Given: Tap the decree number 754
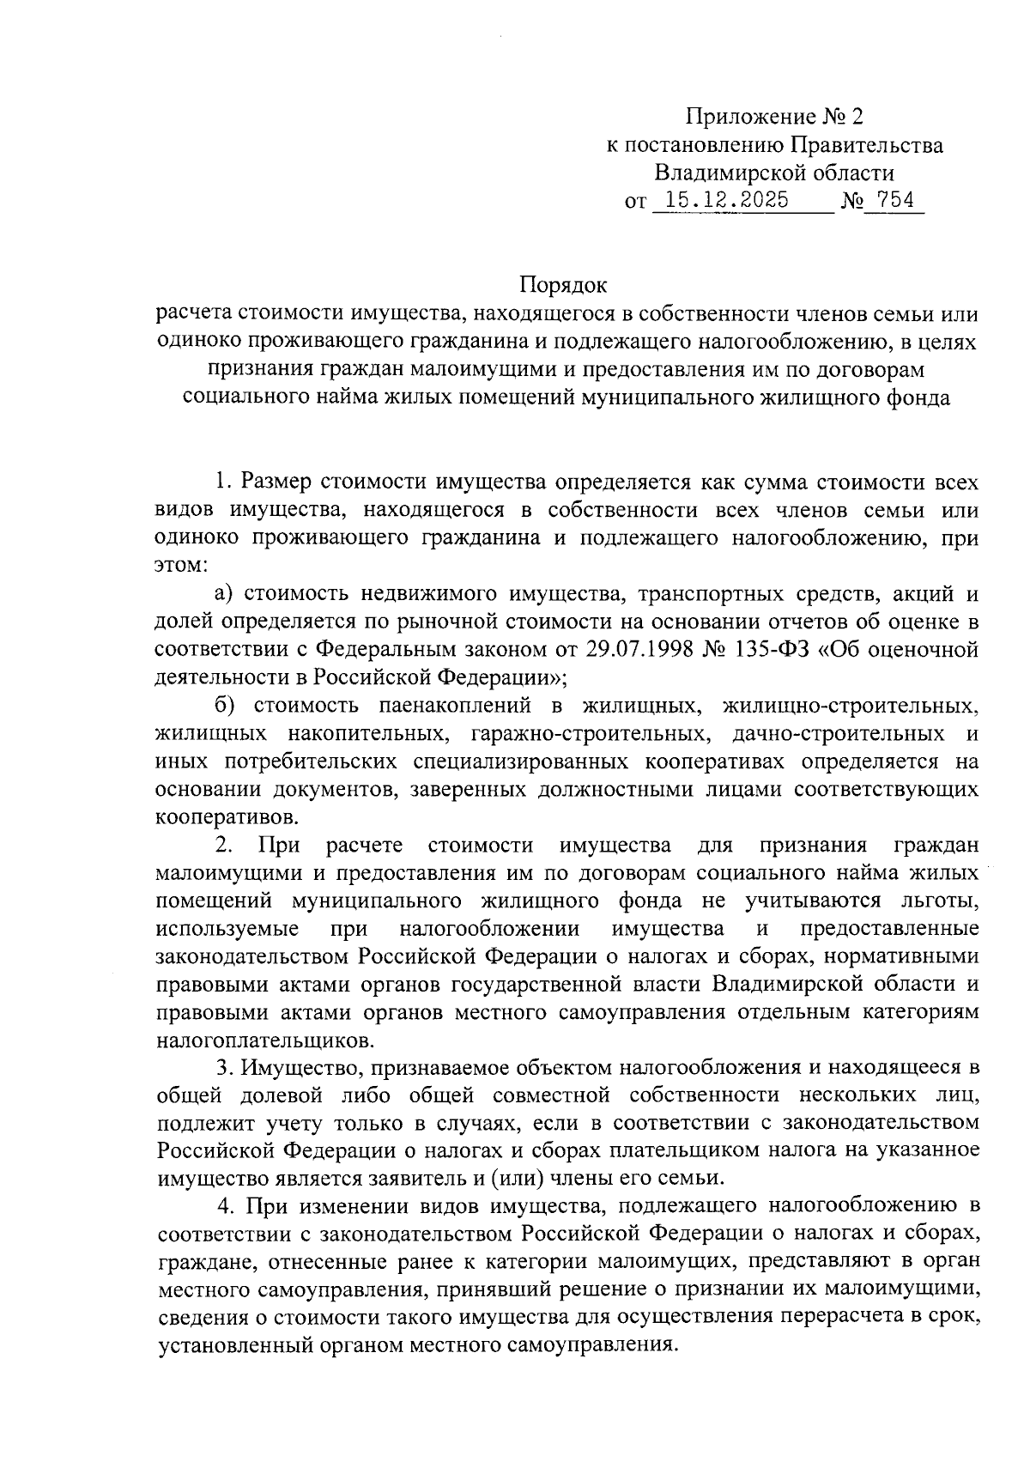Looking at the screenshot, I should click(x=893, y=201).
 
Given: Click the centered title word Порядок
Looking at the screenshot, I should click(x=563, y=284).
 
